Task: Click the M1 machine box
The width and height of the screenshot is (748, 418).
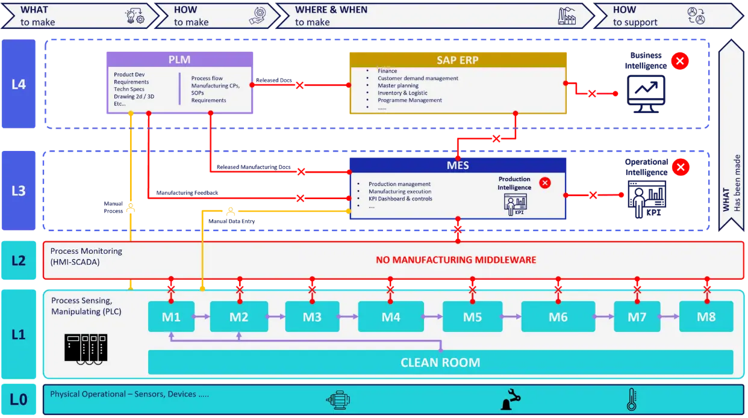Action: (x=172, y=316)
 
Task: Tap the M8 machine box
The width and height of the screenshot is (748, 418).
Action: (x=706, y=316)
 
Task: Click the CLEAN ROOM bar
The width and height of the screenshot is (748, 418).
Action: (x=440, y=363)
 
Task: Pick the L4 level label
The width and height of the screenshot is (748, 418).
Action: (x=19, y=84)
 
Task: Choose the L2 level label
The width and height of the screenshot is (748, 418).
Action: (x=19, y=260)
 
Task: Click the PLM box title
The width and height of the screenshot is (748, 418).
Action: (x=179, y=60)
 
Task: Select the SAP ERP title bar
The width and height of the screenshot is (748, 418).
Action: (x=458, y=60)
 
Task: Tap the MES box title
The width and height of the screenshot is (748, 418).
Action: (x=458, y=165)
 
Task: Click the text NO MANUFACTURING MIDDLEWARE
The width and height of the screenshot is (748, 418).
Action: (x=456, y=260)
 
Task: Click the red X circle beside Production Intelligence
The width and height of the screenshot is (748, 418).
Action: (x=545, y=183)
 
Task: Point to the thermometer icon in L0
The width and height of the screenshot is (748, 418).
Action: (x=631, y=399)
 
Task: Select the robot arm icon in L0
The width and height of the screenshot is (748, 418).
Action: (x=511, y=399)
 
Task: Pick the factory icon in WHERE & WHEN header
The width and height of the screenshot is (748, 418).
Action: (x=567, y=16)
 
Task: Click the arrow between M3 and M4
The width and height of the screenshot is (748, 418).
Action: (x=348, y=316)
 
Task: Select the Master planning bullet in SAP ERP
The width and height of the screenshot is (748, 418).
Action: (x=398, y=85)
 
